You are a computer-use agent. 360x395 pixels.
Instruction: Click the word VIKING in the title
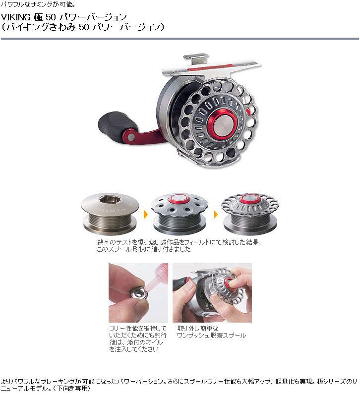click(x=16, y=17)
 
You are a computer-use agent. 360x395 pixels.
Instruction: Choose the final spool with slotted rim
click(x=250, y=214)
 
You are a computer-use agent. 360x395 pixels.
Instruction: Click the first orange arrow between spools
click(x=145, y=215)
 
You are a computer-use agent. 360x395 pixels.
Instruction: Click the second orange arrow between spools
click(x=216, y=215)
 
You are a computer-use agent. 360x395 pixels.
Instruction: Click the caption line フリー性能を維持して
click(x=138, y=329)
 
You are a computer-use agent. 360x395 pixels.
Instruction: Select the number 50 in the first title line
click(x=51, y=17)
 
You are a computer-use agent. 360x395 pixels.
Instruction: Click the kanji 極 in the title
click(x=38, y=17)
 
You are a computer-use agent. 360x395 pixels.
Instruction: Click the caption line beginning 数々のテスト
click(x=179, y=242)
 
